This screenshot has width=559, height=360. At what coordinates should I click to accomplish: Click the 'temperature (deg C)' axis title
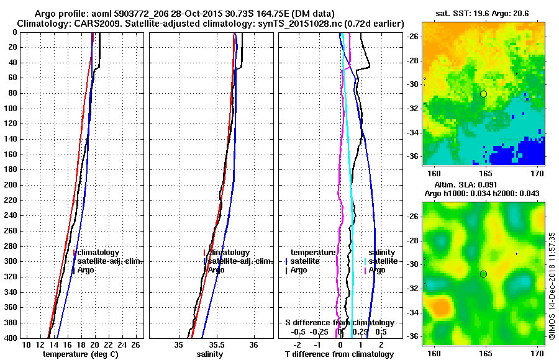pyautogui.click(x=80, y=354)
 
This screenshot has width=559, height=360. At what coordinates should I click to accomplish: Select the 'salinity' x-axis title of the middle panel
pyautogui.click(x=210, y=354)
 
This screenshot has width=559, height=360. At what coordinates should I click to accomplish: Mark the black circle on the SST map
pyautogui.click(x=483, y=94)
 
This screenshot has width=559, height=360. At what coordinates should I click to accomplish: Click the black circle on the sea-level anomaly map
pyautogui.click(x=483, y=274)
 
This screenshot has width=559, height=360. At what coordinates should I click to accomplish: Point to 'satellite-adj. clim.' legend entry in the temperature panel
pyautogui.click(x=109, y=261)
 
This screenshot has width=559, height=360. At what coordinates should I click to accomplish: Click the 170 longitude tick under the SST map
pyautogui.click(x=537, y=172)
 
